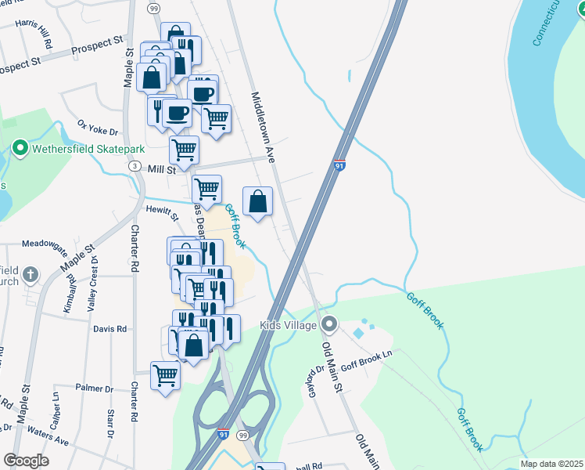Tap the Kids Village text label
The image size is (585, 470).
coord(289,325)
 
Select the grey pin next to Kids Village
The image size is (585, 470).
coord(330,324)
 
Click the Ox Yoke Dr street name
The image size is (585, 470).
coord(97,128)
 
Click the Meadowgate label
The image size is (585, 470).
coord(45,244)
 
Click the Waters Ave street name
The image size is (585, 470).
coord(48,436)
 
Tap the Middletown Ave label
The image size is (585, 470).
coord(262,127)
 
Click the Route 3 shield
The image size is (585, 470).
coord(135,167)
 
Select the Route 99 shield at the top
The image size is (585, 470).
coord(153,8)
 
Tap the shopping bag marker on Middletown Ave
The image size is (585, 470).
coord(257,202)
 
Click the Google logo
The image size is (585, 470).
coord(26,461)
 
